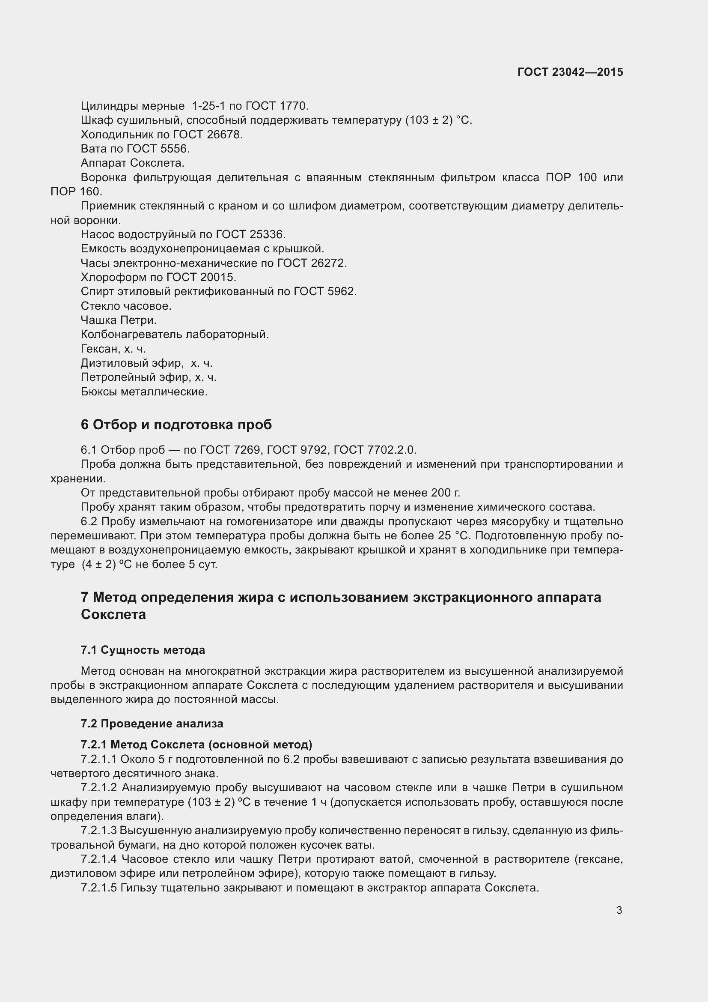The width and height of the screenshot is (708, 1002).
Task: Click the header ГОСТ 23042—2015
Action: click(x=570, y=72)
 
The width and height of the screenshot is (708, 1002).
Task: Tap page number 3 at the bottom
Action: click(x=619, y=910)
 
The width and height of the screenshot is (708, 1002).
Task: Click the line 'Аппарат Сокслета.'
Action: click(x=133, y=163)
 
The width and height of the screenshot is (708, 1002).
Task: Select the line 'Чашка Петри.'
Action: click(x=119, y=320)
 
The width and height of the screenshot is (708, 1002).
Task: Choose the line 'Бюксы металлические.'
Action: click(x=144, y=392)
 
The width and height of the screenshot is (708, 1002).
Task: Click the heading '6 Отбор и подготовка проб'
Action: click(x=176, y=425)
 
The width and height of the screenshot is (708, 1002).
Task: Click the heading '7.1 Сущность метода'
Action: click(x=143, y=650)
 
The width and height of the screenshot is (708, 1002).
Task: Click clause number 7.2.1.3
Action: click(x=98, y=831)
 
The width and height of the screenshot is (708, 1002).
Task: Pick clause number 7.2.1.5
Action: click(x=98, y=888)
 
